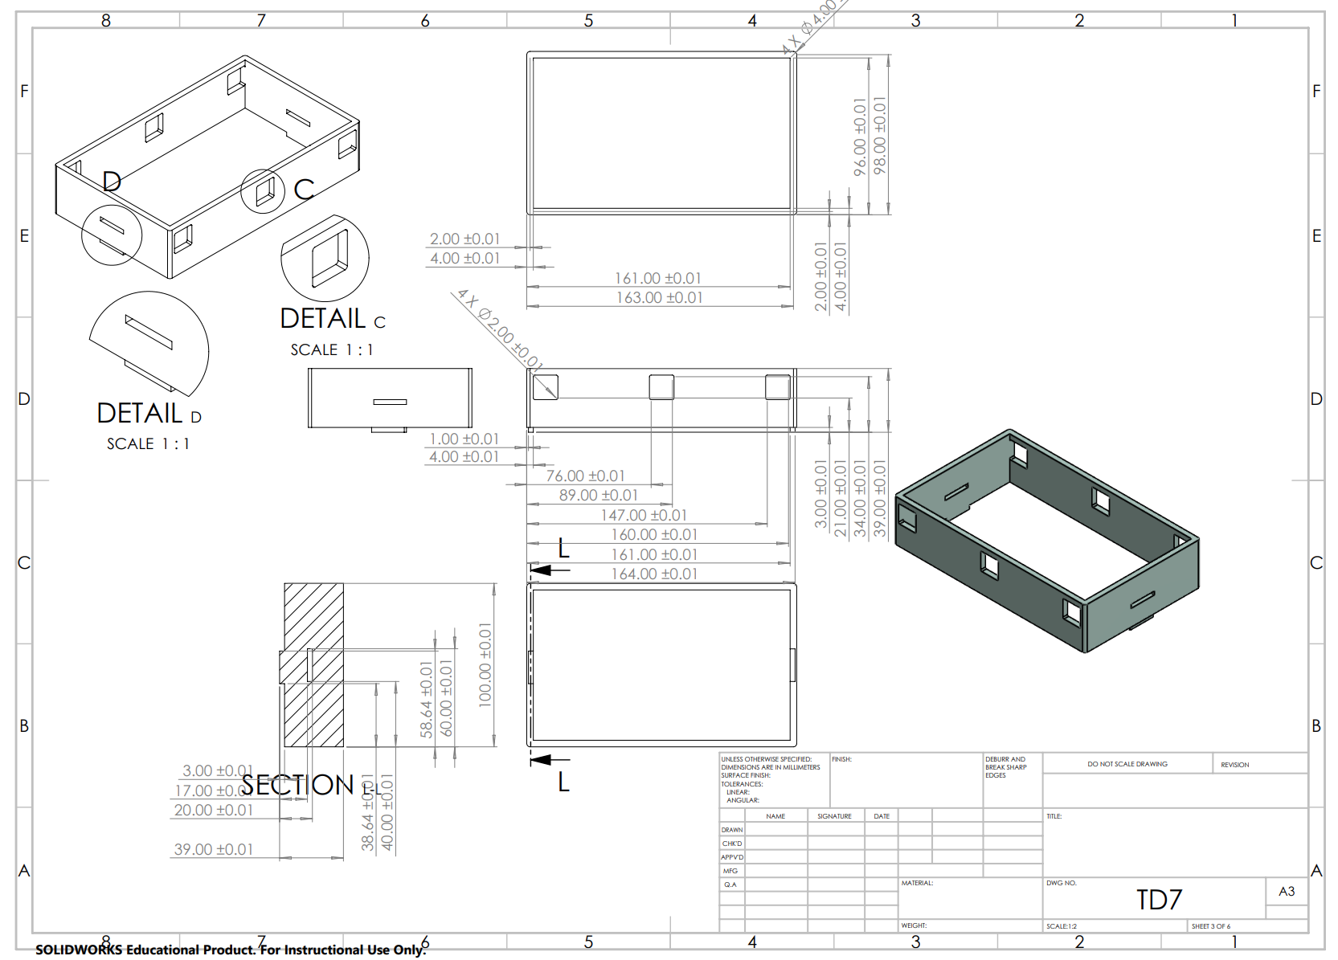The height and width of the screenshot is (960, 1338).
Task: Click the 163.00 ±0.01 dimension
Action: pos(659,298)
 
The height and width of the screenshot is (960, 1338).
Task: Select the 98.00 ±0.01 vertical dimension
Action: pos(880,136)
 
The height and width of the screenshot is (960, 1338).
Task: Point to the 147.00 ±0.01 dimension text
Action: pos(644,516)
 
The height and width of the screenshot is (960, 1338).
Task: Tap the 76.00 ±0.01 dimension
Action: pos(585,476)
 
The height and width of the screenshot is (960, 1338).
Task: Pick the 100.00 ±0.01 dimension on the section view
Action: pos(485,664)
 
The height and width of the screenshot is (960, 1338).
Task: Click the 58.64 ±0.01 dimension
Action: pos(426,699)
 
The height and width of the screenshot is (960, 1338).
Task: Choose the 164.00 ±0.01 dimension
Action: pos(654,574)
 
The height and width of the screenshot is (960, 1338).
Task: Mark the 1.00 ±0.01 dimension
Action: pos(464,439)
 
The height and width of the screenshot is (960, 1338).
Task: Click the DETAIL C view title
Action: pos(332,320)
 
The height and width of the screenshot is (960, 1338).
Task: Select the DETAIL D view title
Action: pos(149,414)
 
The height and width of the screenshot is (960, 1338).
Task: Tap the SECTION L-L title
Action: pos(310,785)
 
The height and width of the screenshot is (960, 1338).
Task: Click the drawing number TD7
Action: pos(1159,900)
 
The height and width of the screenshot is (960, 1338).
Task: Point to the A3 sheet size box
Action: pos(1286,891)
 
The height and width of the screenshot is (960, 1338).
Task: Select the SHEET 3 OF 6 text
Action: pos(1210,926)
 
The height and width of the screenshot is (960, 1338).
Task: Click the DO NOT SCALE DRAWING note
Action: pos(1127,764)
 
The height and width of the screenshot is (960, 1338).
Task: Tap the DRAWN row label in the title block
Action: pos(731,830)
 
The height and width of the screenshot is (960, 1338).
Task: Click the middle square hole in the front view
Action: pos(661,387)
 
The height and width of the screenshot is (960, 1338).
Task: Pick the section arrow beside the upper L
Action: pos(550,570)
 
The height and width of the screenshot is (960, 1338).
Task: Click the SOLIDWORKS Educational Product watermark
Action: pos(229,950)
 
